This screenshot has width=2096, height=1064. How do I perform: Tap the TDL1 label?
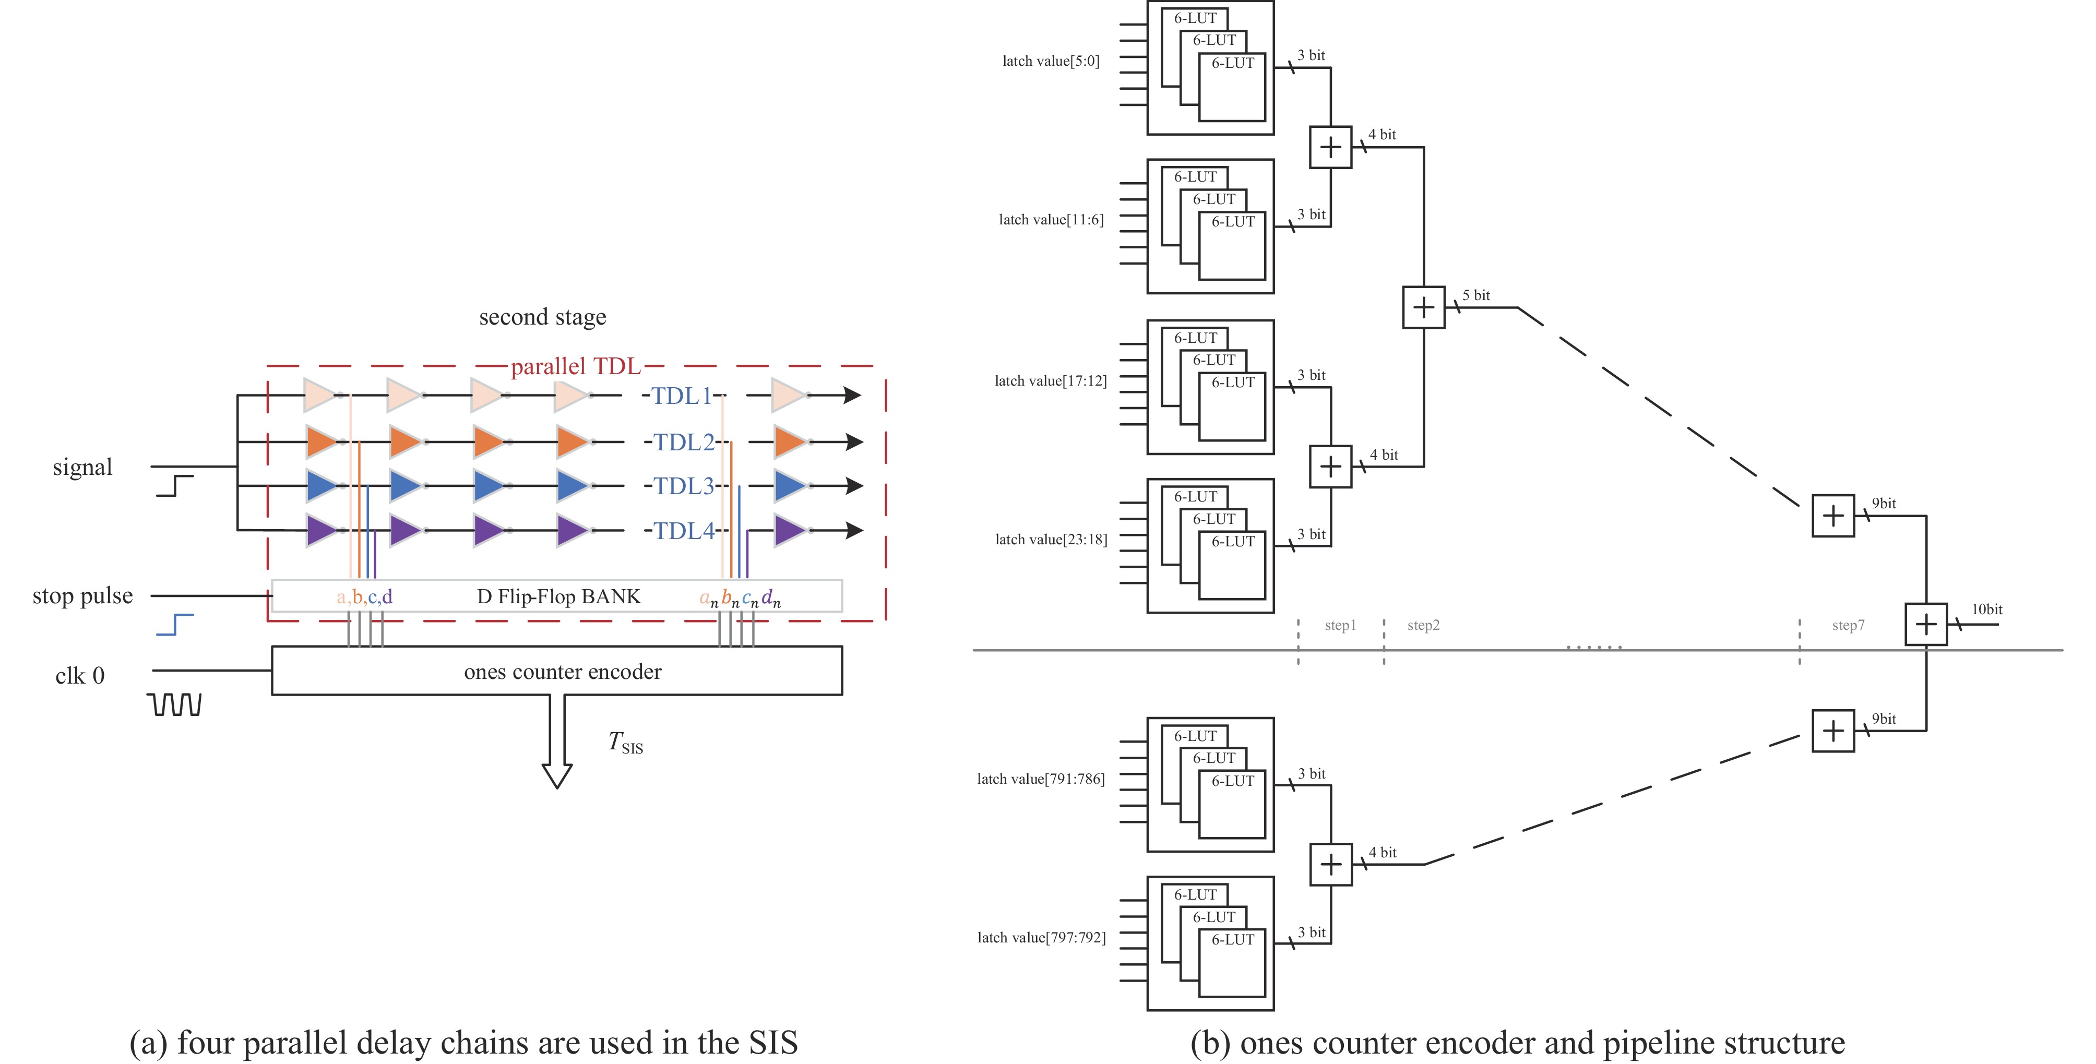click(x=682, y=396)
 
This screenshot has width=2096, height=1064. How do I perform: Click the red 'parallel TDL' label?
click(x=575, y=367)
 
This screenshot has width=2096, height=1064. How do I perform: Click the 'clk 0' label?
click(x=80, y=676)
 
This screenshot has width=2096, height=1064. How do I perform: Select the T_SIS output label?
click(x=625, y=743)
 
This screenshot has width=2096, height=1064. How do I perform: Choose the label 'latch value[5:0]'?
click(x=1051, y=61)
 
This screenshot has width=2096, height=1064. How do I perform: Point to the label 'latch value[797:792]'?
click(x=1042, y=938)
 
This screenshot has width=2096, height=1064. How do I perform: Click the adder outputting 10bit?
click(x=1926, y=625)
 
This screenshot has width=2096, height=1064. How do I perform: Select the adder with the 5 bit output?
click(x=1423, y=307)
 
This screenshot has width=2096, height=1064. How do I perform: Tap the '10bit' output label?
click(x=1986, y=609)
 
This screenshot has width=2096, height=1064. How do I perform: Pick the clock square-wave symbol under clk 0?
click(x=176, y=704)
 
